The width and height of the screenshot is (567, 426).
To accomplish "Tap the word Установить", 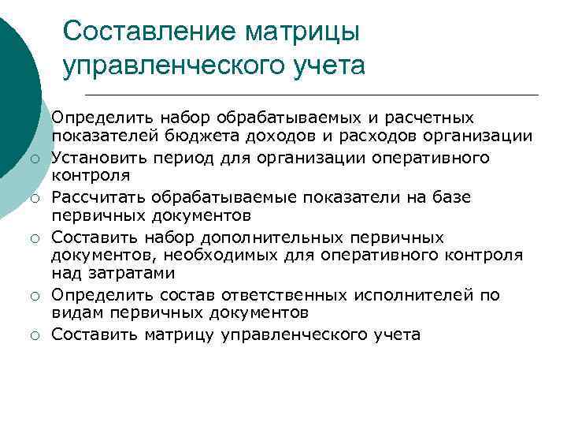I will coord(98,157).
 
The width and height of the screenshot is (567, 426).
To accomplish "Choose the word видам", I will coord(73,314).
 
